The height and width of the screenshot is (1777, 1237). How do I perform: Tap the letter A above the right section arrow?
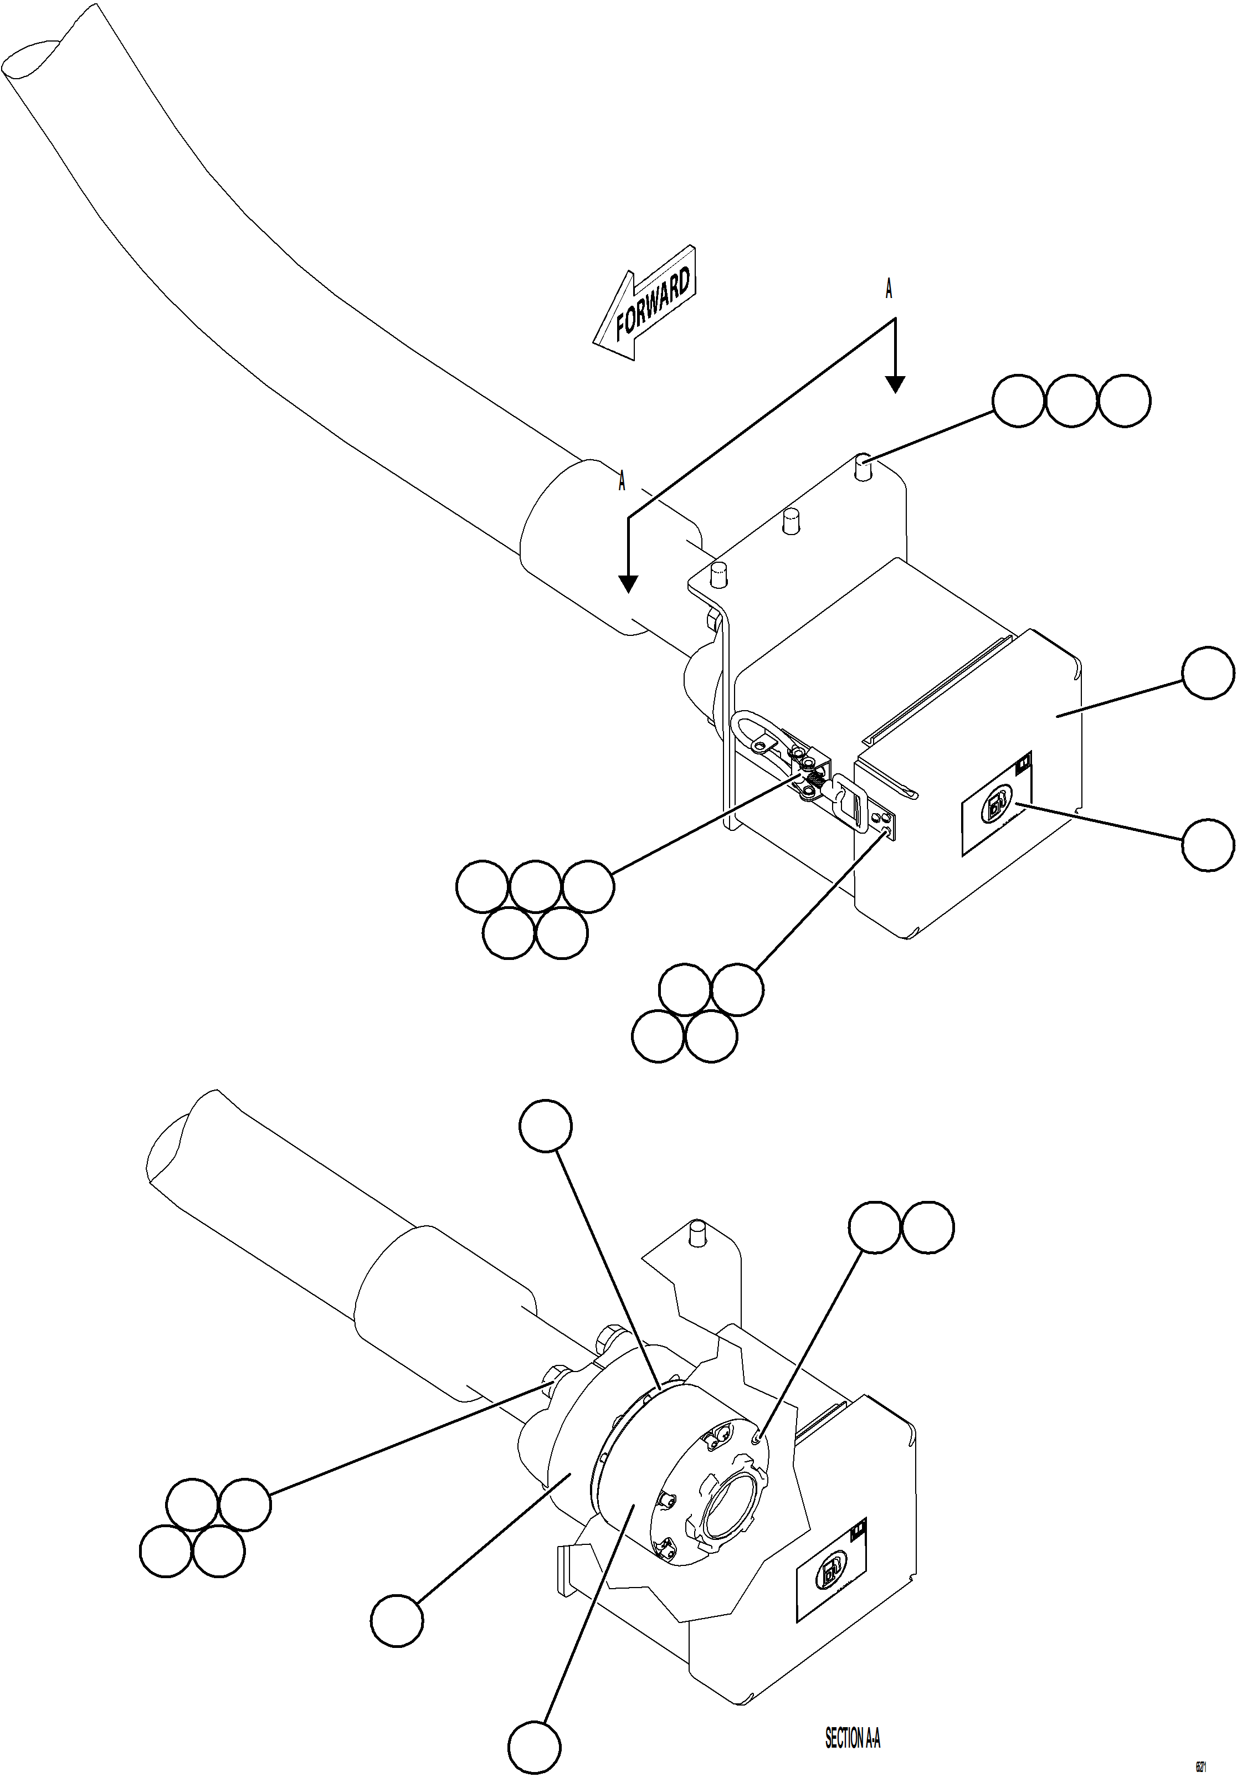(889, 290)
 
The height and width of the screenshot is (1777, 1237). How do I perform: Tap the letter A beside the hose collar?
(622, 481)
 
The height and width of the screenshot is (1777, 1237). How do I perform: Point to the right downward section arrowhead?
(895, 384)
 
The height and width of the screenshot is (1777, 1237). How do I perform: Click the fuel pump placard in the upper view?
(997, 807)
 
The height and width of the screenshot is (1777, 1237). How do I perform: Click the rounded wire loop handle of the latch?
(750, 730)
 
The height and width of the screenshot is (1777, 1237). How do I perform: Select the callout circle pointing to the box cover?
(1208, 674)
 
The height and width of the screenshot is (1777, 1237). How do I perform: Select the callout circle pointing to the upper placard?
(1208, 845)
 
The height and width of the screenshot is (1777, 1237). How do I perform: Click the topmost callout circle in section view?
(546, 1126)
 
